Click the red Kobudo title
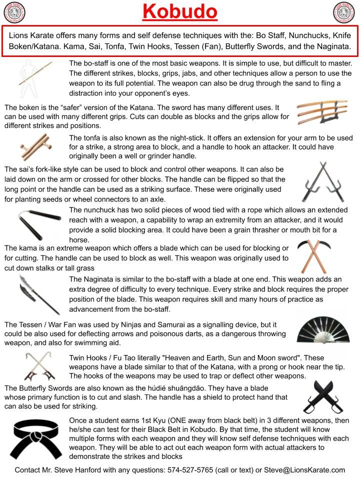pyautogui.click(x=180, y=11)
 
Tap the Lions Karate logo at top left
pyautogui.click(x=14, y=12)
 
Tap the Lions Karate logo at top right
pyautogui.click(x=344, y=12)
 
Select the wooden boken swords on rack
pyautogui.click(x=322, y=111)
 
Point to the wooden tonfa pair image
pyautogui.click(x=36, y=146)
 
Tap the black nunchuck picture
pyautogui.click(x=39, y=224)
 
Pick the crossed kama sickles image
pyautogui.click(x=314, y=256)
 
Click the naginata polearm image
pyautogui.click(x=39, y=294)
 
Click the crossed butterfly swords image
pyautogui.click(x=322, y=396)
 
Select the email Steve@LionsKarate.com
pyautogui.click(x=304, y=470)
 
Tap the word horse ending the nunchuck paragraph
pyautogui.click(x=79, y=239)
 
